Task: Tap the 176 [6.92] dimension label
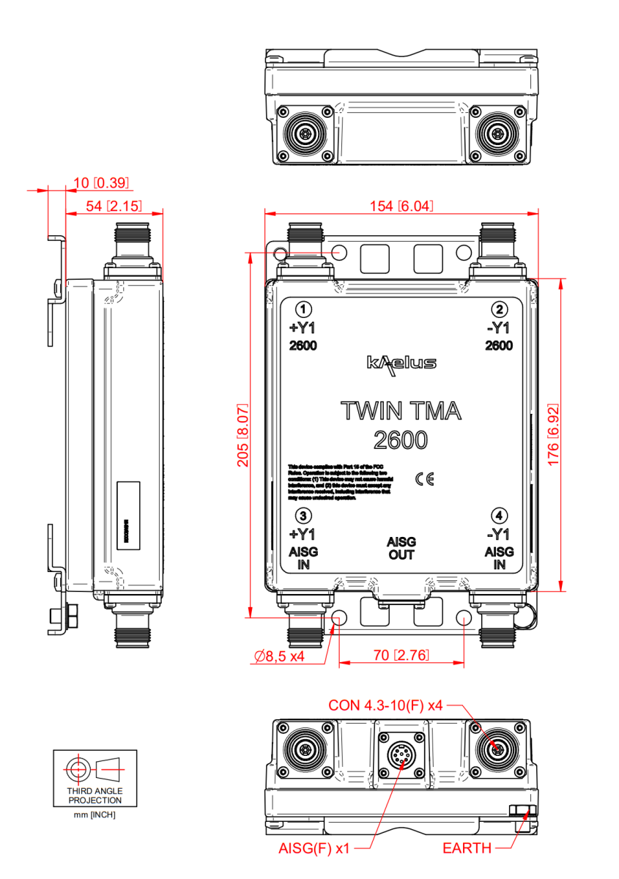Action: [x=554, y=434]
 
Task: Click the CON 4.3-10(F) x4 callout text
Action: [x=385, y=705]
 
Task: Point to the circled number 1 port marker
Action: [x=303, y=309]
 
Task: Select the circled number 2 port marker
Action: [x=499, y=309]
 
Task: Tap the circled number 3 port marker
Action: [x=303, y=516]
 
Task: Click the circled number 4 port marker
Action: [x=499, y=516]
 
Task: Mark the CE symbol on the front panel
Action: [x=424, y=479]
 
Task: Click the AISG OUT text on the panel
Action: [x=401, y=548]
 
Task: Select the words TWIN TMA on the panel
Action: [x=401, y=412]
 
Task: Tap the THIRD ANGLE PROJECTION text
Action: [x=95, y=795]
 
